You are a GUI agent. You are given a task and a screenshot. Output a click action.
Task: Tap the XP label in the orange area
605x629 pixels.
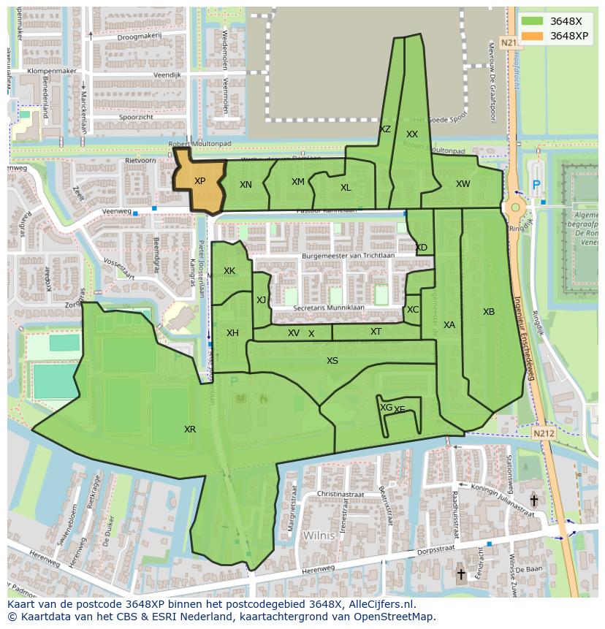click(199, 181)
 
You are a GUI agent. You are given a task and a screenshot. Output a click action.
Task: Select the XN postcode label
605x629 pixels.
click(246, 185)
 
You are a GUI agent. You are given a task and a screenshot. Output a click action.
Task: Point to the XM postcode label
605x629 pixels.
click(298, 182)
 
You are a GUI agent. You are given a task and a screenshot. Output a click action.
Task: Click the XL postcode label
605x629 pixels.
click(346, 188)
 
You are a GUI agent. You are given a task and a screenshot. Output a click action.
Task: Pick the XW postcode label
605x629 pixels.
click(463, 184)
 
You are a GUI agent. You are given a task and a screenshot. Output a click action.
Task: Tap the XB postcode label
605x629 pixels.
click(489, 312)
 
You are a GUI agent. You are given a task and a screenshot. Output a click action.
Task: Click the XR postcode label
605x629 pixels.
click(190, 430)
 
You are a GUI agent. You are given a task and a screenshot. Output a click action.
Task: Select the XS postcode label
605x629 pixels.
click(332, 361)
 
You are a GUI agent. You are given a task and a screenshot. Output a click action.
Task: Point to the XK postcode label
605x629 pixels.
click(229, 271)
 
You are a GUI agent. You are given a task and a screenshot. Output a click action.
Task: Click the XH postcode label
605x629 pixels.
click(232, 333)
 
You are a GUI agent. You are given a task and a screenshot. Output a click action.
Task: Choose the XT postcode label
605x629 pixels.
click(376, 332)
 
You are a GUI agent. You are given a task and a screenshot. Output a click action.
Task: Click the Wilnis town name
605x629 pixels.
click(319, 535)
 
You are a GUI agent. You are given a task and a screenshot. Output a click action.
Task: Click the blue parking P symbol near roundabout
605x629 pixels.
click(537, 186)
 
